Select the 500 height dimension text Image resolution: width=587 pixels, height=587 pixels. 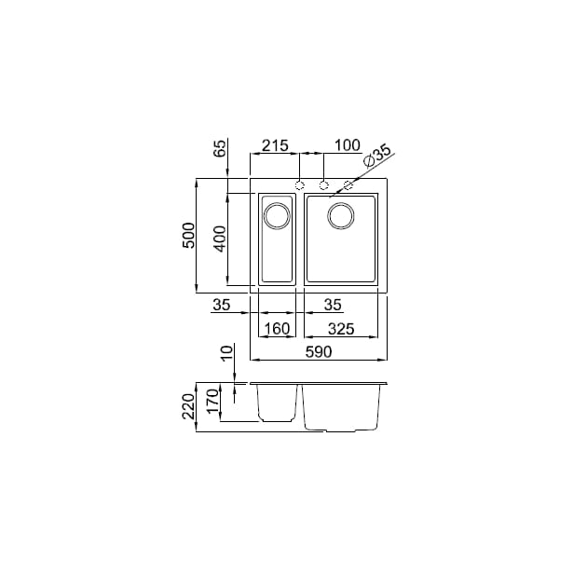point(188,235)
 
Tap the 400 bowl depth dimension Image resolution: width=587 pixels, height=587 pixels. point(221,239)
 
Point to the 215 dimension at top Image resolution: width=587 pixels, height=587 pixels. point(274,145)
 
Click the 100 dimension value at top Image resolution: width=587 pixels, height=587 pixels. point(347,145)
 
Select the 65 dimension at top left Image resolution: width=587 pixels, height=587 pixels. point(221,148)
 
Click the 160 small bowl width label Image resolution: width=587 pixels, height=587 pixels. point(278,328)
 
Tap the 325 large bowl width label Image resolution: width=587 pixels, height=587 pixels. point(342,328)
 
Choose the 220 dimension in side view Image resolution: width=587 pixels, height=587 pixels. point(188,405)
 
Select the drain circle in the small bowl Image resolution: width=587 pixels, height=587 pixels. point(277,217)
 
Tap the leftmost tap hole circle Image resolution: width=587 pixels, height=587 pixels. point(300,184)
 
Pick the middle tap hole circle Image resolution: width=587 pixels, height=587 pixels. point(324,184)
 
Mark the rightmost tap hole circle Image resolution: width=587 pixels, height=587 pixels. point(348,184)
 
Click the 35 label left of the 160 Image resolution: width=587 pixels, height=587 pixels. point(221,304)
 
